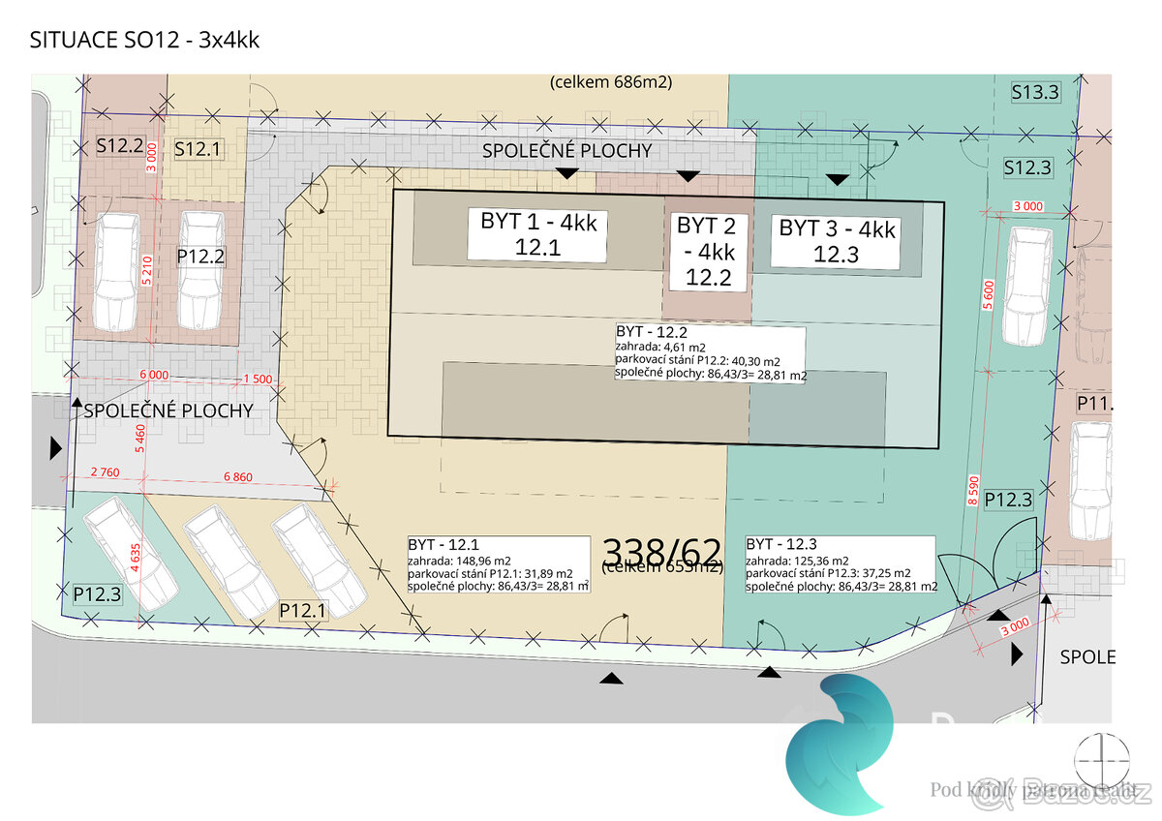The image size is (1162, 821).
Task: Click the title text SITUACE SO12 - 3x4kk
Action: pyautogui.click(x=145, y=41)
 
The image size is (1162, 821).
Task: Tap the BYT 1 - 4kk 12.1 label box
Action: pyautogui.click(x=538, y=234)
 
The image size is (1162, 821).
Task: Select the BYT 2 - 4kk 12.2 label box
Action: pyautogui.click(x=706, y=252)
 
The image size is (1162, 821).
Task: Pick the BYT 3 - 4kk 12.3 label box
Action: pyautogui.click(x=837, y=241)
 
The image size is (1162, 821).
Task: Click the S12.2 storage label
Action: pyautogui.click(x=120, y=147)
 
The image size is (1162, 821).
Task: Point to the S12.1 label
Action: pyautogui.click(x=198, y=149)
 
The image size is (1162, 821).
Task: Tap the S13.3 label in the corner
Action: pyautogui.click(x=1035, y=93)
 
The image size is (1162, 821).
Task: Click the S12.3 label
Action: pyautogui.click(x=1026, y=167)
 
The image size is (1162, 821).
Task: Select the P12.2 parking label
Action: pyautogui.click(x=200, y=256)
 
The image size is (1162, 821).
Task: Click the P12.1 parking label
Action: pyautogui.click(x=303, y=611)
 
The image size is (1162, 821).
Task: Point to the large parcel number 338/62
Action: pyautogui.click(x=662, y=551)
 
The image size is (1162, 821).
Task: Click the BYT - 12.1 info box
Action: pyautogui.click(x=498, y=564)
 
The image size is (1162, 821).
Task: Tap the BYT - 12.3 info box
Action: pyautogui.click(x=841, y=564)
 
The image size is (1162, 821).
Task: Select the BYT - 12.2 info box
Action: pyautogui.click(x=710, y=353)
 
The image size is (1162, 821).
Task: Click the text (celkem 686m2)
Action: pyautogui.click(x=611, y=82)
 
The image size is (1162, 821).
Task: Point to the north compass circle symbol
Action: pyautogui.click(x=1103, y=758)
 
